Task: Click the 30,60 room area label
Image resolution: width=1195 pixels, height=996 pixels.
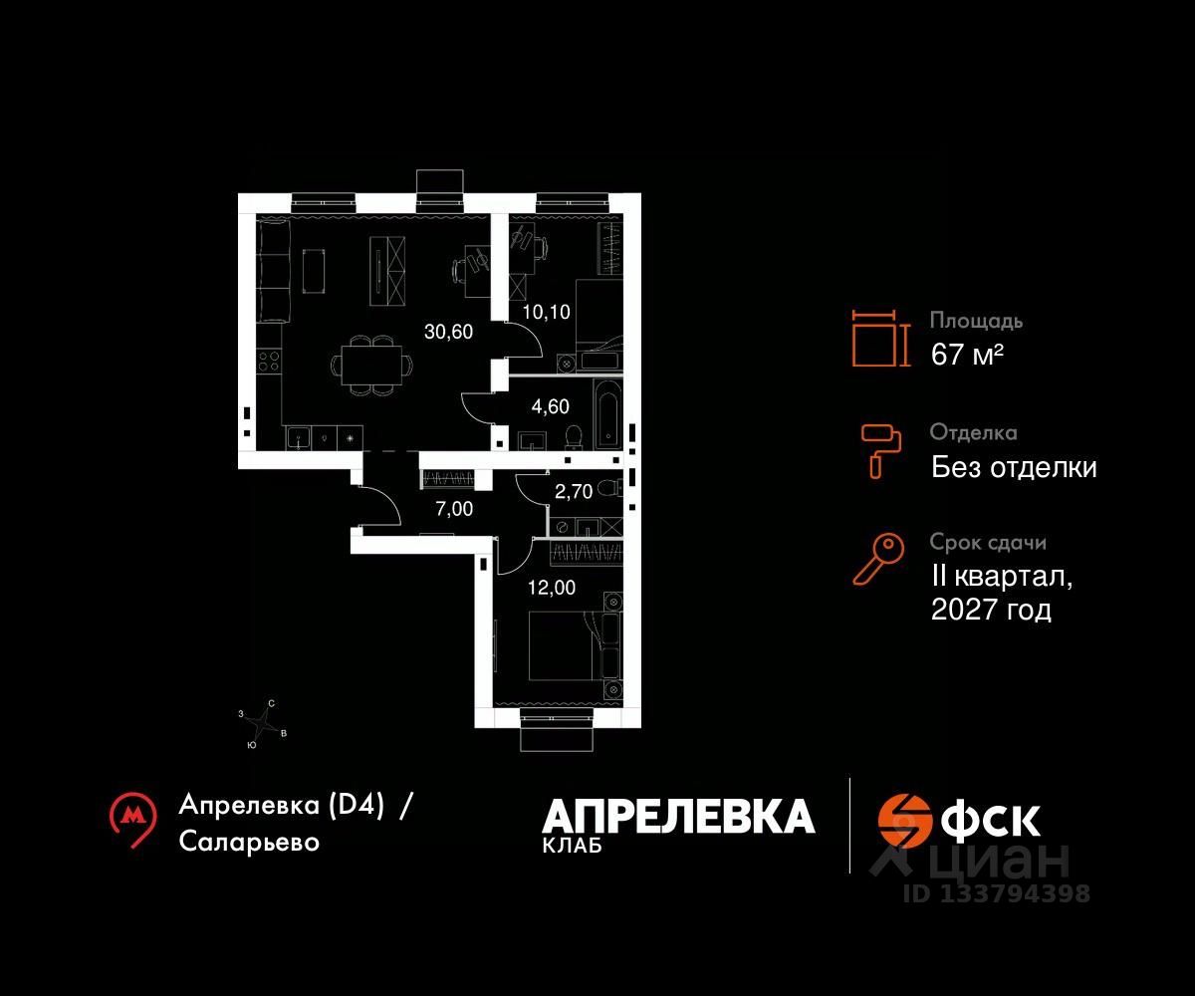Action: tap(448, 332)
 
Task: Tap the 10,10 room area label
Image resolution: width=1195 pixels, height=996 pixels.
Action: tap(548, 312)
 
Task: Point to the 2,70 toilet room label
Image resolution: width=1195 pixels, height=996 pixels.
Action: tap(573, 490)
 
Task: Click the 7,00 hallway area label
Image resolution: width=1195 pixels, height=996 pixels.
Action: tap(454, 509)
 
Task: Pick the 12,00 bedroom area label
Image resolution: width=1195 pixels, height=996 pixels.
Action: tap(550, 587)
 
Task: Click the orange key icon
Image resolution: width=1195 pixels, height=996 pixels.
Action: tap(877, 558)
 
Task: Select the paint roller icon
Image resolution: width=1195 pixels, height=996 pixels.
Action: tap(881, 449)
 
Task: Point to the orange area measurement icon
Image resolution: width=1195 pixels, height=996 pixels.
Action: tap(881, 339)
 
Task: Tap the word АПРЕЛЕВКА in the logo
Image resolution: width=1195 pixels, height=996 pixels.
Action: tap(678, 817)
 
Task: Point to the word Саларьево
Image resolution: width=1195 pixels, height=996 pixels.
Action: tap(250, 842)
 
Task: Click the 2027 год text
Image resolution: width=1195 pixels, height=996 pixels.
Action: tap(991, 610)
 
